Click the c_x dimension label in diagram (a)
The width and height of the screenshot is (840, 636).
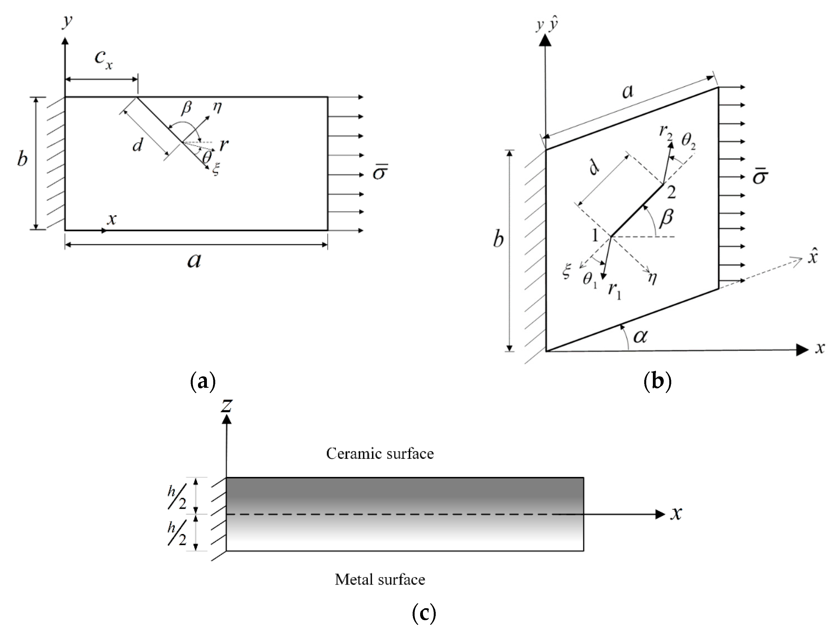(x=103, y=59)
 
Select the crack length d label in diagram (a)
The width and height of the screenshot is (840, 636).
(x=137, y=145)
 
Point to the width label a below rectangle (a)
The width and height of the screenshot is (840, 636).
(x=194, y=260)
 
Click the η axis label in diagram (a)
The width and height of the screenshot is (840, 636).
(x=217, y=108)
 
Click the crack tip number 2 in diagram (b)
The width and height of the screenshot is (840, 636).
(x=671, y=193)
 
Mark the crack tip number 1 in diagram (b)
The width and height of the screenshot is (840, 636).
(x=595, y=236)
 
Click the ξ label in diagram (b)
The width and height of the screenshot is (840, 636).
(x=566, y=272)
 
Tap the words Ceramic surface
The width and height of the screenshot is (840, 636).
(x=380, y=454)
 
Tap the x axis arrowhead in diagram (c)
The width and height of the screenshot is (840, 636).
(x=660, y=515)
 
